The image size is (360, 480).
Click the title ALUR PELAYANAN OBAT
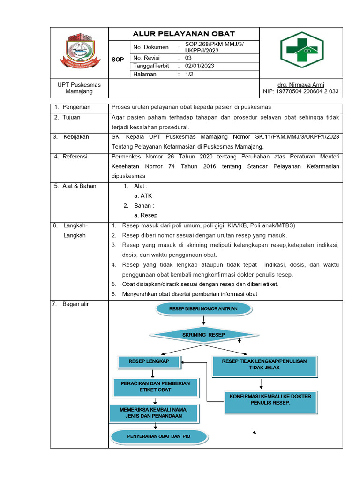pyautogui.click(x=184, y=34)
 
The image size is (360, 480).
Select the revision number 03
pyautogui.click(x=188, y=58)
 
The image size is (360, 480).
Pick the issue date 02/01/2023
pyautogui.click(x=200, y=66)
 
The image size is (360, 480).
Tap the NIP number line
pyautogui.click(x=300, y=91)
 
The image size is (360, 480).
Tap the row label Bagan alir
pyautogui.click(x=75, y=304)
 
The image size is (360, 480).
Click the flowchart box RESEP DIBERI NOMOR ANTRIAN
pyautogui.click(x=203, y=309)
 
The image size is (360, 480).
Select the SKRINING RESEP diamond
pyautogui.click(x=203, y=335)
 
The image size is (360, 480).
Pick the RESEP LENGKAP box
pyautogui.click(x=149, y=361)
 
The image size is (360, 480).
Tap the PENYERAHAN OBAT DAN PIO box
pyautogui.click(x=158, y=436)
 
